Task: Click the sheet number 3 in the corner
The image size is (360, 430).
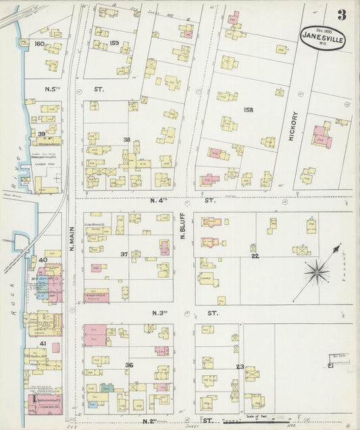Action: (x=342, y=15)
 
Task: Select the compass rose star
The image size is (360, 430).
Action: (x=315, y=272)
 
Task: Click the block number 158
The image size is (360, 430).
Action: (x=248, y=110)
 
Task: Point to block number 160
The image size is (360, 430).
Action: (x=39, y=44)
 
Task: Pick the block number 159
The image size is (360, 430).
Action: (x=114, y=44)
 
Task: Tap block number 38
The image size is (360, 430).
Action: (x=126, y=139)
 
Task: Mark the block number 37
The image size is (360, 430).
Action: (x=124, y=254)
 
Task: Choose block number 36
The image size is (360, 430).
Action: (x=128, y=365)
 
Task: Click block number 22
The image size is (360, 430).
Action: (x=255, y=256)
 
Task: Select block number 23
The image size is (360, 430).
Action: (x=239, y=366)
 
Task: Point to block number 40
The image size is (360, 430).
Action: (x=42, y=260)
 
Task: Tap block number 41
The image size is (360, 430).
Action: (x=42, y=344)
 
